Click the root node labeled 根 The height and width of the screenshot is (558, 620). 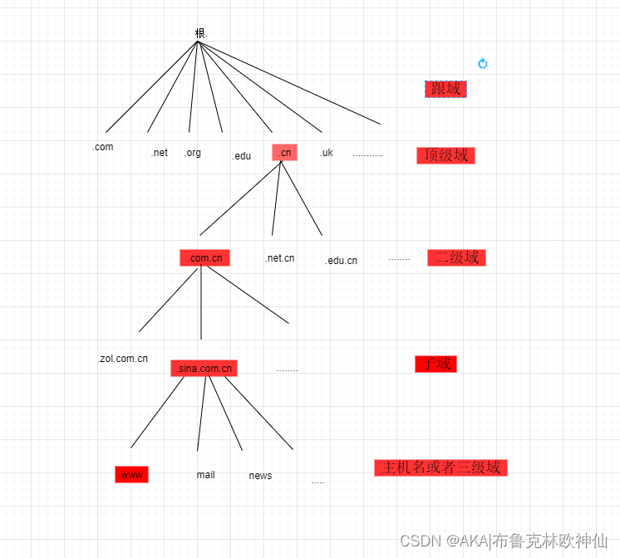point(200,33)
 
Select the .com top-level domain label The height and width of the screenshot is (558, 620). point(103,147)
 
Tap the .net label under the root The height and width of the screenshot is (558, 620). point(160,153)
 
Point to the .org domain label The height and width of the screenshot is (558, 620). point(193,153)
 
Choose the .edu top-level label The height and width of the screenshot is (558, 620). point(241,156)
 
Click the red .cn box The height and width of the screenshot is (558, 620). point(284,153)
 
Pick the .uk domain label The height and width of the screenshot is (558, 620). point(326,153)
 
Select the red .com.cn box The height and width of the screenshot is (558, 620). point(204,258)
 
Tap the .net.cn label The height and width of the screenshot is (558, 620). point(279,258)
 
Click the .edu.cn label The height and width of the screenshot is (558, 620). point(341,261)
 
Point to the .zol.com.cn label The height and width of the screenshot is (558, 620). point(123,359)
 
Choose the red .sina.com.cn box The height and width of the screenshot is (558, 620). point(204,369)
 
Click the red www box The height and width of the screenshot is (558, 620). point(131,475)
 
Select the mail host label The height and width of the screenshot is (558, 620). point(205,475)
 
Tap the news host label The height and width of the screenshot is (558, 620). point(260,476)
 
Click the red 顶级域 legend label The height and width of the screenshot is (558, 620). point(445,155)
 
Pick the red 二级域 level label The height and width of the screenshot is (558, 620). point(456,257)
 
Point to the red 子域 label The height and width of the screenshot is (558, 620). point(435,364)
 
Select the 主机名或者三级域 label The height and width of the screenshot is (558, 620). point(440,467)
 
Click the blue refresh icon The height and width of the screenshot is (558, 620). point(483,64)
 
